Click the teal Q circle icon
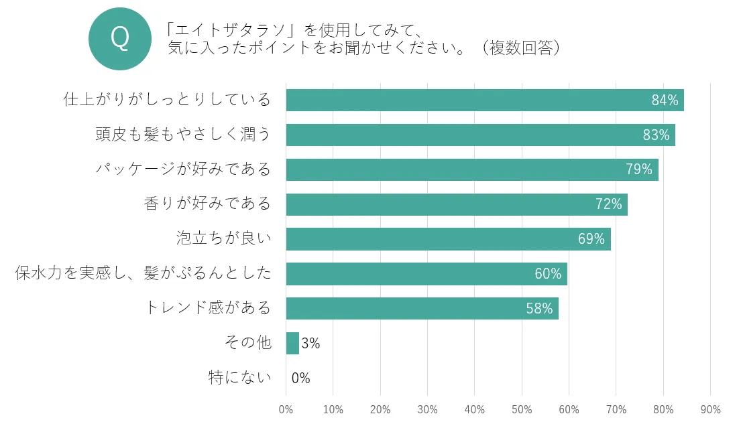click(121, 38)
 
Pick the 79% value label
click(639, 169)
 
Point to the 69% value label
click(591, 239)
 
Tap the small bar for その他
click(292, 344)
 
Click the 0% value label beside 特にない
click(301, 378)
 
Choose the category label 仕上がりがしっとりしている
click(167, 100)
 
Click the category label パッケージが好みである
click(183, 169)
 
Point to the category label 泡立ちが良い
click(224, 238)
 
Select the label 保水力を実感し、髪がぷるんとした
click(144, 273)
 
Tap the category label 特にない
click(240, 378)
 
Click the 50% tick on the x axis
click(522, 409)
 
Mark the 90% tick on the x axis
click(710, 409)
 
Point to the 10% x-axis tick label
click(333, 409)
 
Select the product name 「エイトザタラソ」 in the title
click(232, 29)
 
